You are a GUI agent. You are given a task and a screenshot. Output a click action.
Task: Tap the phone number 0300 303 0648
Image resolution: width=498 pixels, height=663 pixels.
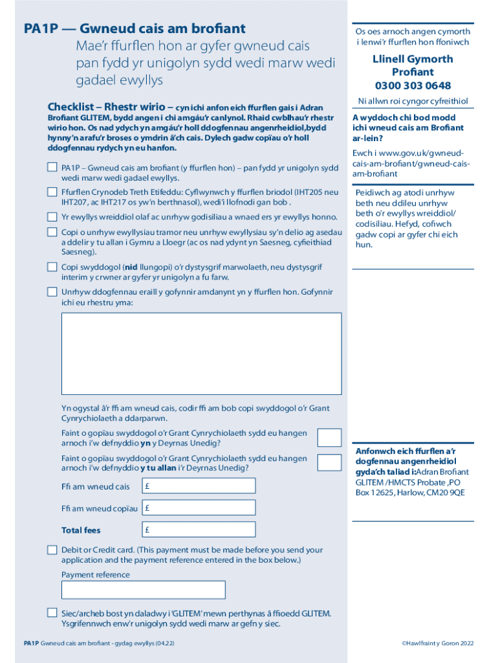click(413, 85)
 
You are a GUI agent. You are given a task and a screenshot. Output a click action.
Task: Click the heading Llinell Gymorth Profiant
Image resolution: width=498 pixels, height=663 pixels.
click(413, 65)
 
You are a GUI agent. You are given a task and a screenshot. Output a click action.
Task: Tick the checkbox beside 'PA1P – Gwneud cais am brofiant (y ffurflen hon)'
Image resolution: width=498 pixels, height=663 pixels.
click(52, 168)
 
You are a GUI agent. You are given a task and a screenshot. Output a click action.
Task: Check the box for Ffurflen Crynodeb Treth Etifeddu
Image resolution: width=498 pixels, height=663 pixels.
click(52, 192)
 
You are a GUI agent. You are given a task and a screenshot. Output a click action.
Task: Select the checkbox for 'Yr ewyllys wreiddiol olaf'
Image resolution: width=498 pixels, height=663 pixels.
click(52, 217)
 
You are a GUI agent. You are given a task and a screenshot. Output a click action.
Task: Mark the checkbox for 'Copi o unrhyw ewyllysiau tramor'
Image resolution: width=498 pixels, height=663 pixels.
click(52, 232)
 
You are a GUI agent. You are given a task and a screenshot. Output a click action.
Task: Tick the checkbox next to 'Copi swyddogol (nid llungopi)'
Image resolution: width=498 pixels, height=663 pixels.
click(52, 267)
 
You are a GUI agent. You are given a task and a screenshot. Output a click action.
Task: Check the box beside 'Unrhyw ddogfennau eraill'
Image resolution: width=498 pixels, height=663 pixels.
click(52, 292)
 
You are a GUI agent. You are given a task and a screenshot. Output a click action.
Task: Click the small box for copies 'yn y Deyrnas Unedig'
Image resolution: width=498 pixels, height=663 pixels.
click(329, 438)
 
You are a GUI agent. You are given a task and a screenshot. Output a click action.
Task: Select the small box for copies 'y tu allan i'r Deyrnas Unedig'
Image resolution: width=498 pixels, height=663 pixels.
click(329, 462)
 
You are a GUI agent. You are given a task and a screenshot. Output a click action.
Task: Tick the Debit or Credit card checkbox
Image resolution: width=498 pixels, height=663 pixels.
click(52, 550)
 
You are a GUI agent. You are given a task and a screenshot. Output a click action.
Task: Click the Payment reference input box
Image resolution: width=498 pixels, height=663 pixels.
click(143, 590)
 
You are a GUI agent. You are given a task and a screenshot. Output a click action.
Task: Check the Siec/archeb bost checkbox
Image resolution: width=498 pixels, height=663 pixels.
click(52, 612)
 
